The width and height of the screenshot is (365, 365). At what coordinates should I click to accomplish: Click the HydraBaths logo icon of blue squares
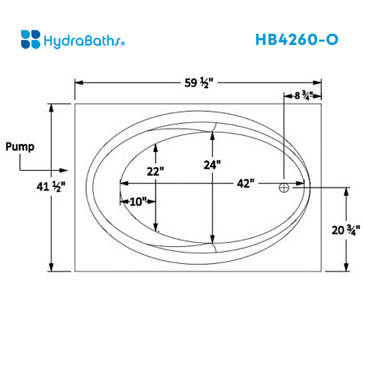(31, 39)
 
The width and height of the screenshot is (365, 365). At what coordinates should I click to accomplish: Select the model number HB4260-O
(296, 39)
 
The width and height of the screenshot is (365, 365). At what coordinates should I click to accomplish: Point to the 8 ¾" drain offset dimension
(302, 96)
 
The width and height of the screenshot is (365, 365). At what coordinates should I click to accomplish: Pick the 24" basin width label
(212, 165)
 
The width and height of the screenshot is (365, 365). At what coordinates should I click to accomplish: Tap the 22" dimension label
(156, 171)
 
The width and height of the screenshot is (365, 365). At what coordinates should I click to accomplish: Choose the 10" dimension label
(138, 201)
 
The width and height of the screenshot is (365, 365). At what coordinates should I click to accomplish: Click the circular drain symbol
(284, 187)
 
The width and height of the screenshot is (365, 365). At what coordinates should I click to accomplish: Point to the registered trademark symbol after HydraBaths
(123, 43)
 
